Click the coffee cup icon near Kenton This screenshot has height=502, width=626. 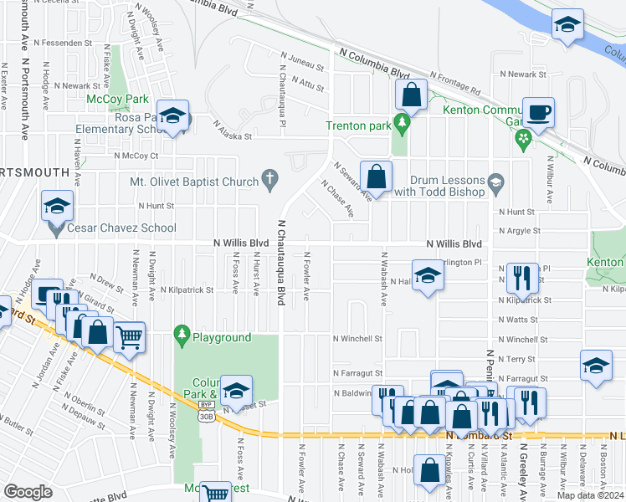point(538,111)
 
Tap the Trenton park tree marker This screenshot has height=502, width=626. point(403,125)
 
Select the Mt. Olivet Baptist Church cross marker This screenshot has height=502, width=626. point(269,178)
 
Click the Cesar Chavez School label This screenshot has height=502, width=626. point(122,228)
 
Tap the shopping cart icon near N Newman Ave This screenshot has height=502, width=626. point(128,338)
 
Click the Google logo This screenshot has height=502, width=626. point(28,492)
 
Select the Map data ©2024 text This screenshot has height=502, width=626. point(588,495)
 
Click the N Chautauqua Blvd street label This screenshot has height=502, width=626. point(282,263)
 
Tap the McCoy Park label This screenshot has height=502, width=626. point(112,100)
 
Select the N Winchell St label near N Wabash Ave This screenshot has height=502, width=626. point(357,339)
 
